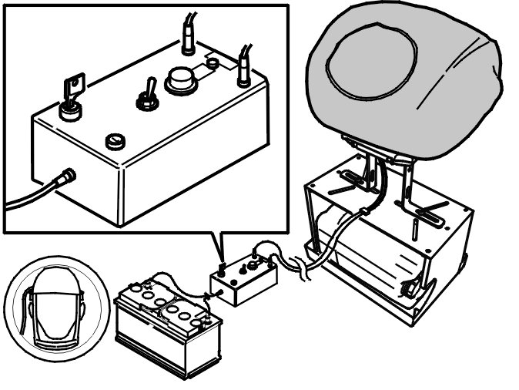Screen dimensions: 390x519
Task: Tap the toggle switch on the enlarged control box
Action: coord(143,98)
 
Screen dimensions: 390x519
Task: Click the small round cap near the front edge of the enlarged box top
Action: coord(116,141)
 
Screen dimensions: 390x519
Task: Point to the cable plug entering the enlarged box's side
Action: coord(65,178)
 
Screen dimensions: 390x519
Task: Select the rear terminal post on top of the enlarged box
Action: coord(187,42)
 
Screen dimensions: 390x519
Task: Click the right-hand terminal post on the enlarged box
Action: coord(243,72)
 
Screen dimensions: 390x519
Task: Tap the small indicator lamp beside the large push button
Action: coord(213,63)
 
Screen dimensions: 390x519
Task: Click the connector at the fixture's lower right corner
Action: coord(410,290)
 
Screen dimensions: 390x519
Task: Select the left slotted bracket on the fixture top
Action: coord(350,183)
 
